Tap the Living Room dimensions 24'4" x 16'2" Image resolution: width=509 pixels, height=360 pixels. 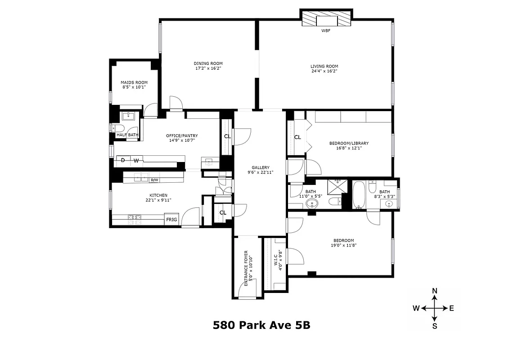pyautogui.click(x=324, y=71)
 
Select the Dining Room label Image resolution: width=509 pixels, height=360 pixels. pyautogui.click(x=208, y=63)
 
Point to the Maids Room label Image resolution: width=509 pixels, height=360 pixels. pyautogui.click(x=134, y=82)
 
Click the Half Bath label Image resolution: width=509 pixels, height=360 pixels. pyautogui.click(x=127, y=135)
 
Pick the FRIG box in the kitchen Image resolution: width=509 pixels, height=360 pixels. pyautogui.click(x=171, y=220)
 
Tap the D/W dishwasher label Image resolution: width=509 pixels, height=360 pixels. pyautogui.click(x=154, y=180)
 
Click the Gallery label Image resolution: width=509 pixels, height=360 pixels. pyautogui.click(x=260, y=167)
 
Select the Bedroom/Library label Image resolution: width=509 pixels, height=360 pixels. pyautogui.click(x=349, y=143)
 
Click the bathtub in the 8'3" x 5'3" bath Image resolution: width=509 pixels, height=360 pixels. pyautogui.click(x=359, y=194)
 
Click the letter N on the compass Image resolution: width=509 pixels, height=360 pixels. pyautogui.click(x=435, y=291)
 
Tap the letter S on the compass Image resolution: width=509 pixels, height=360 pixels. pyautogui.click(x=435, y=326)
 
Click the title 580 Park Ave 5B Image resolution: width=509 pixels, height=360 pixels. pyautogui.click(x=261, y=325)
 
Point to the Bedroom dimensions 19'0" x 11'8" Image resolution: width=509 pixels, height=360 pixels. pyautogui.click(x=343, y=246)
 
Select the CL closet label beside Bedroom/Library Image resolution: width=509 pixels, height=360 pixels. pyautogui.click(x=297, y=137)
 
